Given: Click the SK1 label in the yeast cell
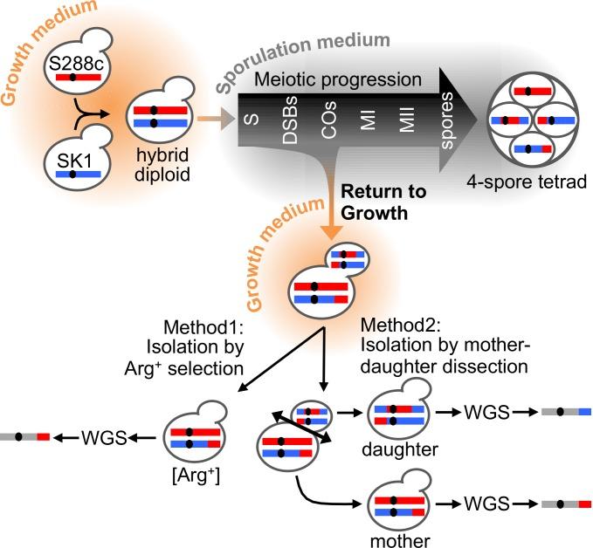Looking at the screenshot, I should (x=73, y=161).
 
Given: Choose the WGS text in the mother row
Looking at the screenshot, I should (x=486, y=504).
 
